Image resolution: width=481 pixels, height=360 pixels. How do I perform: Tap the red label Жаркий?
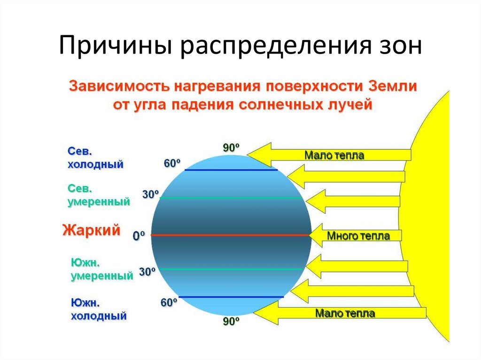(92, 230)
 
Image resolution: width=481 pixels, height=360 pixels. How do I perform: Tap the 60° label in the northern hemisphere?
(172, 164)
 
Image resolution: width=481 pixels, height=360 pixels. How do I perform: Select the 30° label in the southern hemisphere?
(147, 271)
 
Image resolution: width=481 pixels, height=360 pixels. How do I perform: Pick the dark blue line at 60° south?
(231, 297)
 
